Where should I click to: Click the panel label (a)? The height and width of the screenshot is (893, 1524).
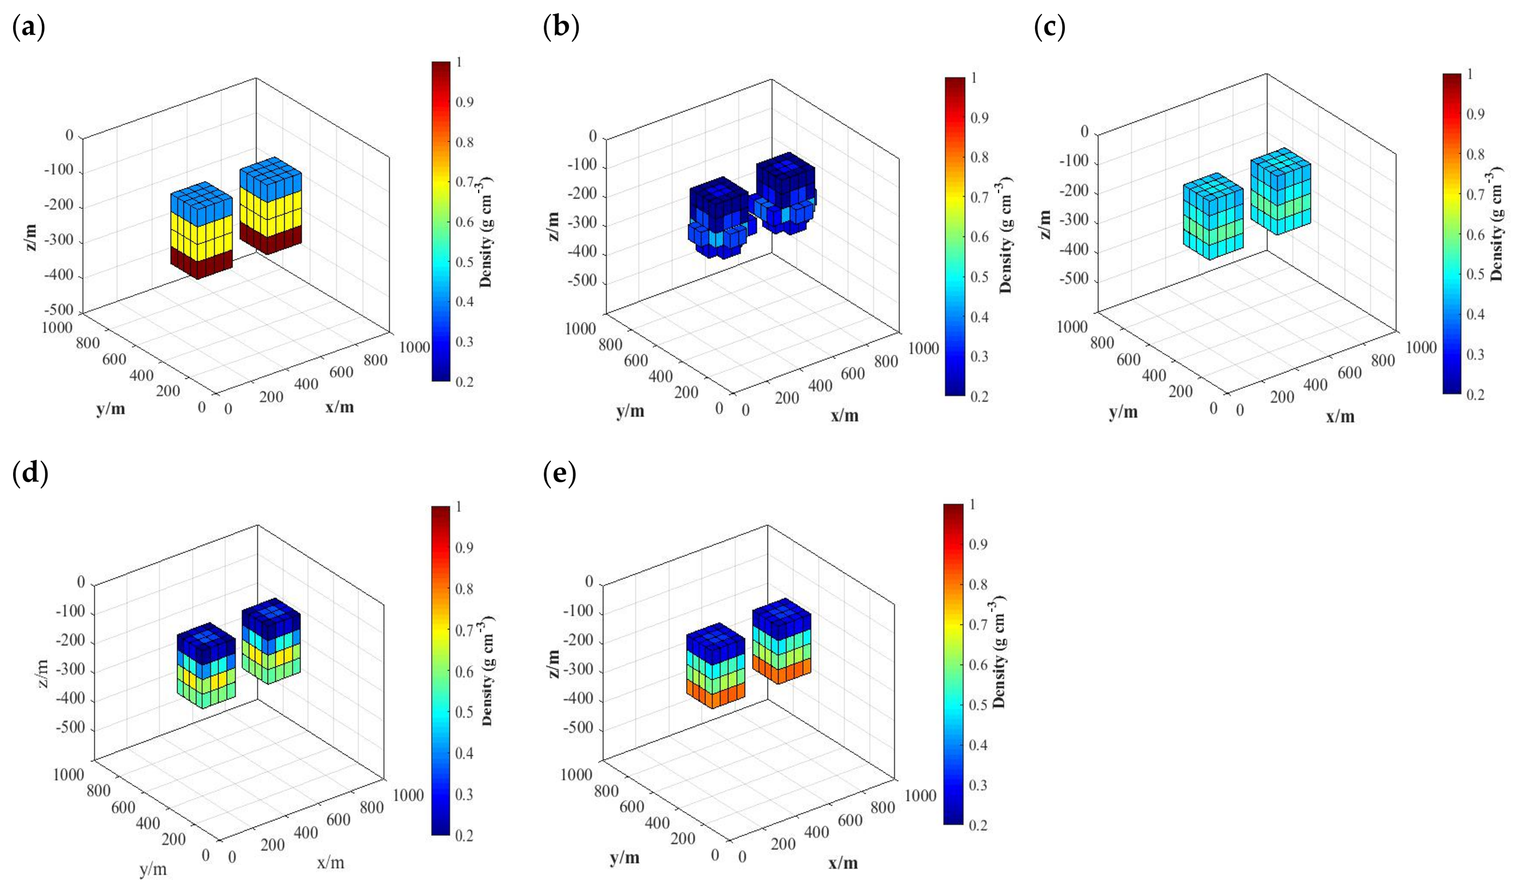point(28,28)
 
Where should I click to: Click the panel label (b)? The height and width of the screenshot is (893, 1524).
point(561,28)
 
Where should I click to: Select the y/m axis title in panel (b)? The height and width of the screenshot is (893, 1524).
point(630,411)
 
